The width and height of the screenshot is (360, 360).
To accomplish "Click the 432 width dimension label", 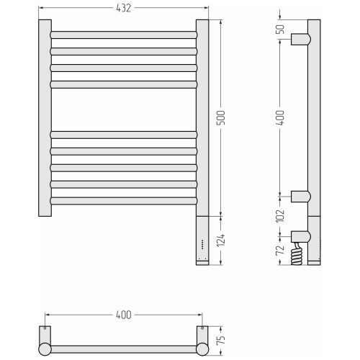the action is click(124, 8).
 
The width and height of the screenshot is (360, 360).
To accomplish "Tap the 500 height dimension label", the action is click(221, 117).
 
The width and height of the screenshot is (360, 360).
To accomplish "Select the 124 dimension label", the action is click(221, 240).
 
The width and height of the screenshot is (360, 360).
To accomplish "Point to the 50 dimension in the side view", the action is click(280, 30).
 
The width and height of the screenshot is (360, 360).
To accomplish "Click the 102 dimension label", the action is click(280, 215).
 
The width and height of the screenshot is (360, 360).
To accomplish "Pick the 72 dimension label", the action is click(280, 250).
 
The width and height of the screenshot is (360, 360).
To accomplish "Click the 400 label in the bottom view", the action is click(124, 315).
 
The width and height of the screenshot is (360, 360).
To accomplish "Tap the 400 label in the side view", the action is click(280, 117).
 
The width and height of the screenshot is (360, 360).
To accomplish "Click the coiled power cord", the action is click(297, 255).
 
